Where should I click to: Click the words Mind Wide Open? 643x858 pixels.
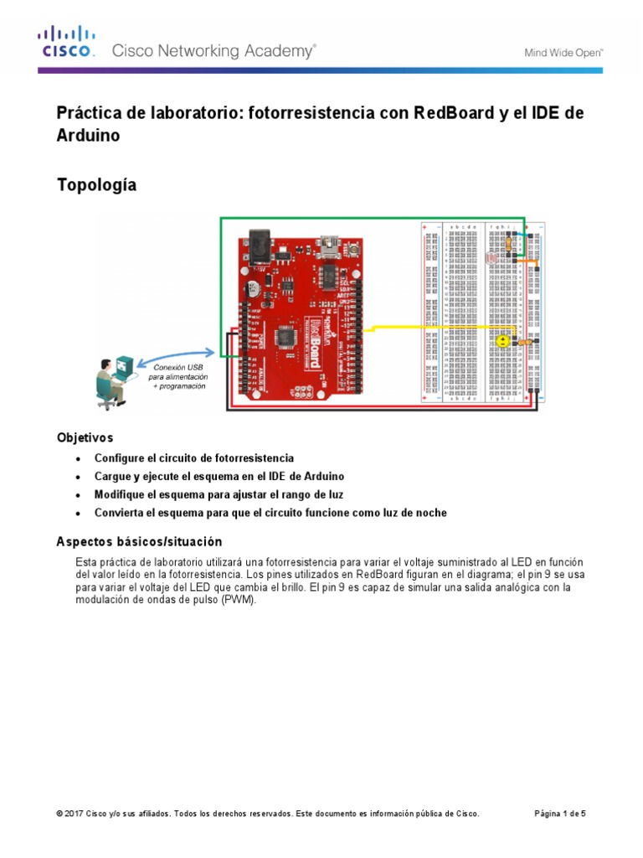(563, 52)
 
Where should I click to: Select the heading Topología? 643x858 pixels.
(95, 185)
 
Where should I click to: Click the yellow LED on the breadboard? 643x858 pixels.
(501, 341)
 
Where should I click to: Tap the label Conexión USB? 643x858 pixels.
(177, 366)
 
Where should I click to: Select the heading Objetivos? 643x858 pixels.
(84, 437)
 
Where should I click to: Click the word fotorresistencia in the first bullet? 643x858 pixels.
(250, 458)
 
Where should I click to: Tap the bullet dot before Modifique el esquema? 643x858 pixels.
(78, 495)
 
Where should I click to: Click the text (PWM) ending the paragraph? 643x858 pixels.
(241, 600)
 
